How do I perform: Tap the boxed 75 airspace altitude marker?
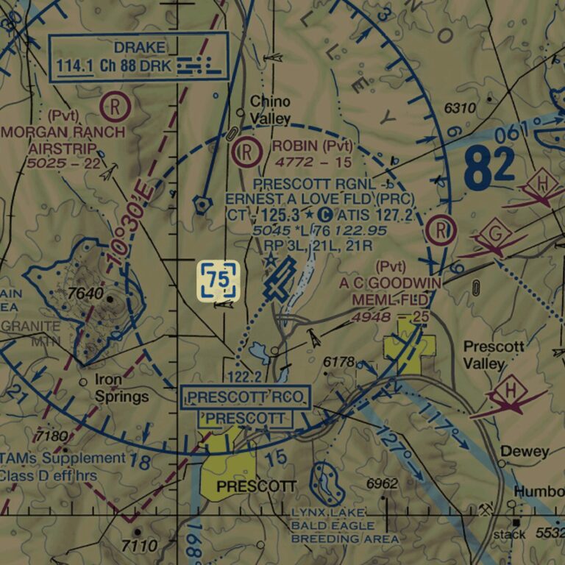(218, 280)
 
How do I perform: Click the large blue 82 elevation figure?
(489, 168)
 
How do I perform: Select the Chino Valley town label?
(270, 110)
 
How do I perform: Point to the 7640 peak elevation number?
(85, 294)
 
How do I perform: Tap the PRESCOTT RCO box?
(246, 398)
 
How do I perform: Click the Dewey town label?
(525, 451)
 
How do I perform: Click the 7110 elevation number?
(139, 546)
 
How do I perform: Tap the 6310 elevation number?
(460, 108)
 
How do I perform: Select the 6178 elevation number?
(338, 362)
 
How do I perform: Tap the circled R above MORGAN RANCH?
(116, 107)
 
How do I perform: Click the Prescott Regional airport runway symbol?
(280, 280)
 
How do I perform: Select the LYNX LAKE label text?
(327, 512)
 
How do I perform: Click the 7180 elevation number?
(51, 436)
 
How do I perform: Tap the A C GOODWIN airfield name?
(390, 282)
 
